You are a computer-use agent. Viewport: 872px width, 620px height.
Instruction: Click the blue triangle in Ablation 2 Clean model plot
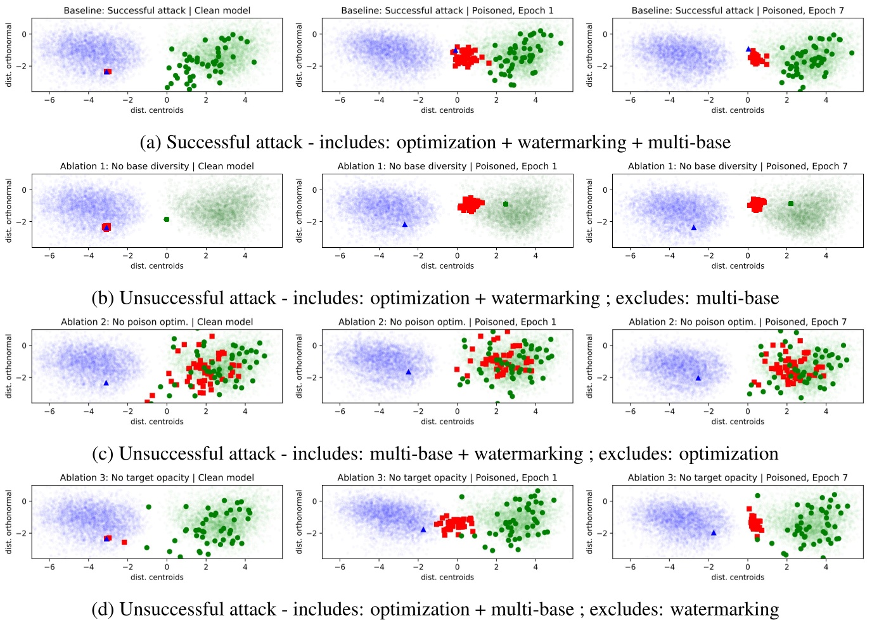[106, 383]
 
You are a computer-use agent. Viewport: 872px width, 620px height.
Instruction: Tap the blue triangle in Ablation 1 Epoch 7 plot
[693, 228]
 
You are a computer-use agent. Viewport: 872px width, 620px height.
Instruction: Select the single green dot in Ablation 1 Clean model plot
[167, 219]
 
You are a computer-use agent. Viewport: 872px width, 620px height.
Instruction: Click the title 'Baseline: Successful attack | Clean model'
[157, 10]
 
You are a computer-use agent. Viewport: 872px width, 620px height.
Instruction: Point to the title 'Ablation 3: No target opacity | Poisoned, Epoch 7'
[737, 477]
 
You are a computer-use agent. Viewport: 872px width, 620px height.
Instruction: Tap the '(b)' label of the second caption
[104, 298]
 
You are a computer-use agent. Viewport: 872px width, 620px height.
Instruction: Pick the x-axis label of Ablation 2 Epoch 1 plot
[447, 422]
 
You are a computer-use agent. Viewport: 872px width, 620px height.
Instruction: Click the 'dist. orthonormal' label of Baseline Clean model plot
[9, 55]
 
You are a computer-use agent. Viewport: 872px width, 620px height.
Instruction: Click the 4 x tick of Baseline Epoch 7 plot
[826, 100]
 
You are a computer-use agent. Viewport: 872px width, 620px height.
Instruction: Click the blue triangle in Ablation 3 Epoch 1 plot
[423, 529]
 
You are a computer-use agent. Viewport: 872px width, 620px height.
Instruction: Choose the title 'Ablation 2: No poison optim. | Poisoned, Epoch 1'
[447, 321]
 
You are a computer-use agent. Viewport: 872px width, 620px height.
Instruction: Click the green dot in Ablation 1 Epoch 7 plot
[791, 203]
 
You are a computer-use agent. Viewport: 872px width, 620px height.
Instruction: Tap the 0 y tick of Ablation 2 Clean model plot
[25, 346]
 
